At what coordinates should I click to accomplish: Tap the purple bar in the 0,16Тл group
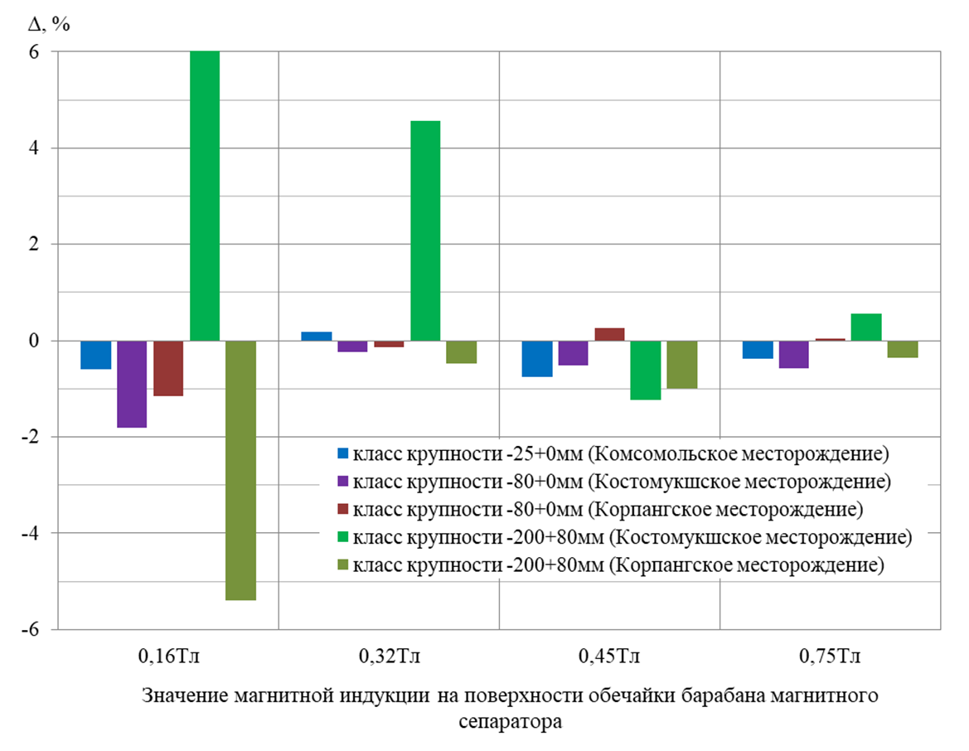[x=132, y=384]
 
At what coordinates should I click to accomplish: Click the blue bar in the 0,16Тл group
[x=95, y=355]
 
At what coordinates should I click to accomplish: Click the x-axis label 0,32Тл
[x=389, y=657]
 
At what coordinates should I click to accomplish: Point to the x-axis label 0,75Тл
[x=830, y=657]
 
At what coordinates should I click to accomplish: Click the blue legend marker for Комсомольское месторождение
[x=342, y=454]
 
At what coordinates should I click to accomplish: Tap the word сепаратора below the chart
[x=510, y=720]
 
